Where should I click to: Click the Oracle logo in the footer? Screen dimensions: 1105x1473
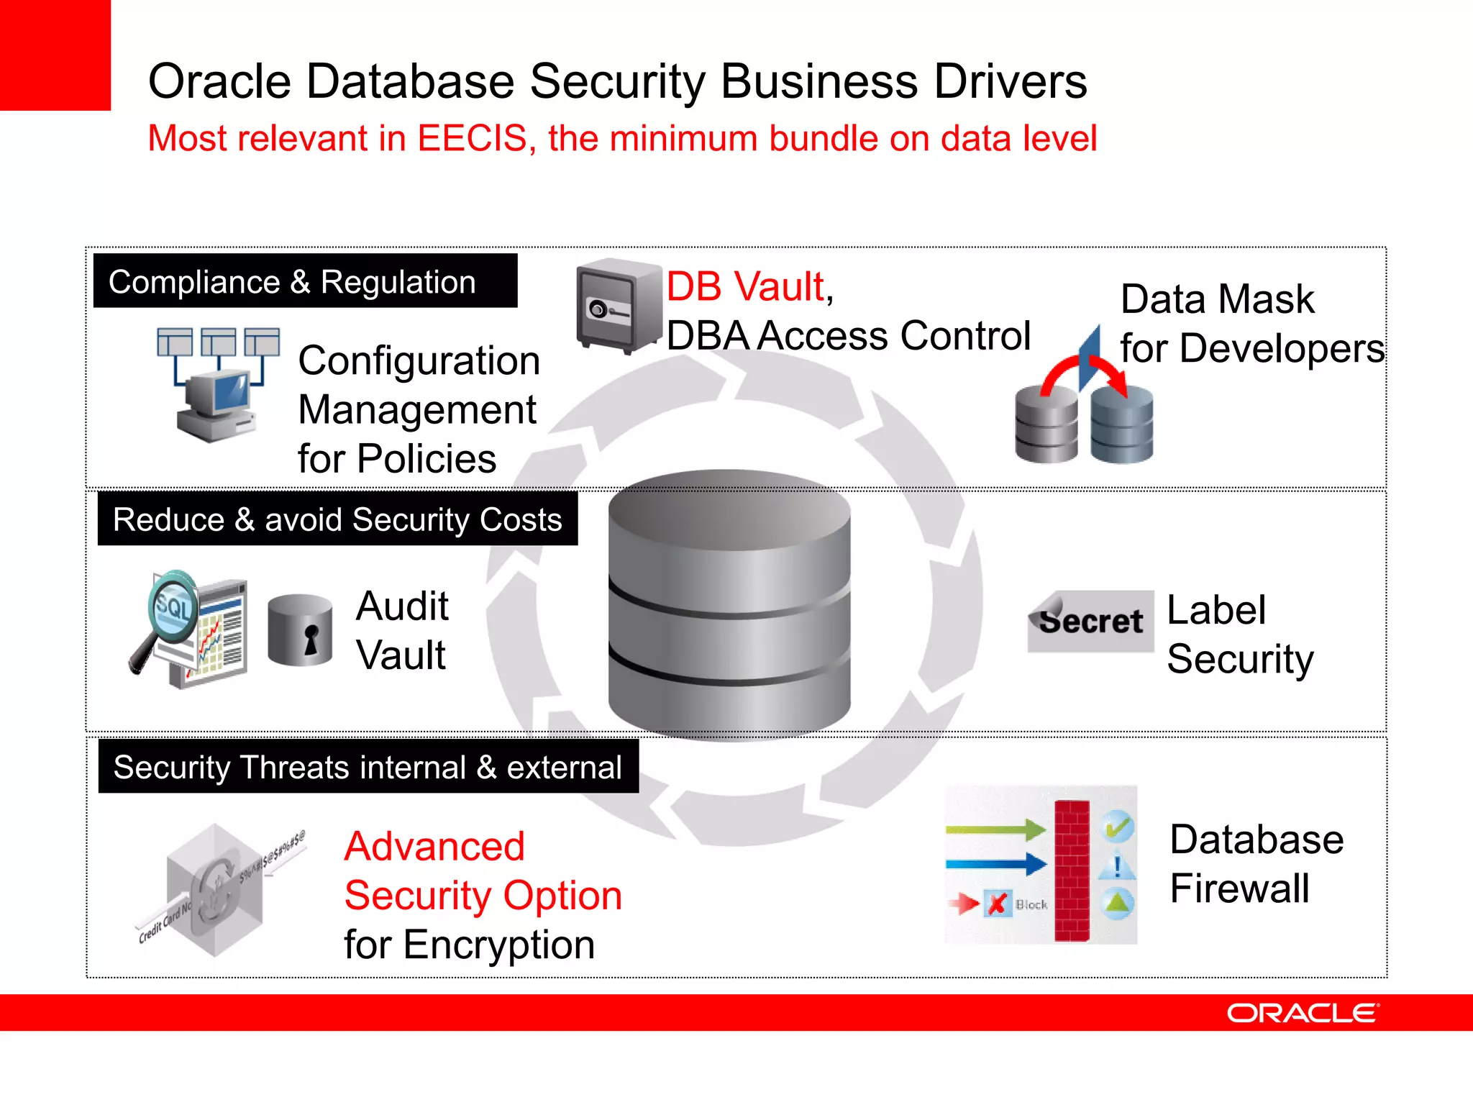(1303, 1013)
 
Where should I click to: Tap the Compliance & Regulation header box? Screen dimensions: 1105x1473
(305, 281)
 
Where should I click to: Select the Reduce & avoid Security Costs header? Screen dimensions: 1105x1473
(337, 519)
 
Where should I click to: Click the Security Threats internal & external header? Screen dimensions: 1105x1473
(368, 767)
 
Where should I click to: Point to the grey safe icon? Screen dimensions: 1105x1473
(616, 306)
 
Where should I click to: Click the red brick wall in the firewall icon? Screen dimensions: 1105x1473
(1072, 870)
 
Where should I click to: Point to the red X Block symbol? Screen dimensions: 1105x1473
(997, 904)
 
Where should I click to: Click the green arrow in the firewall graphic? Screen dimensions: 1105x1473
(995, 829)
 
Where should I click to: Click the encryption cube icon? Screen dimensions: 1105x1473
(214, 891)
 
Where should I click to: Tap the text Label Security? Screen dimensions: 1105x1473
(1239, 635)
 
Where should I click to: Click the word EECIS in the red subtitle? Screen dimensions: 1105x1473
(472, 138)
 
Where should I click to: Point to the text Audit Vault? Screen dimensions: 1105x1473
(402, 630)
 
